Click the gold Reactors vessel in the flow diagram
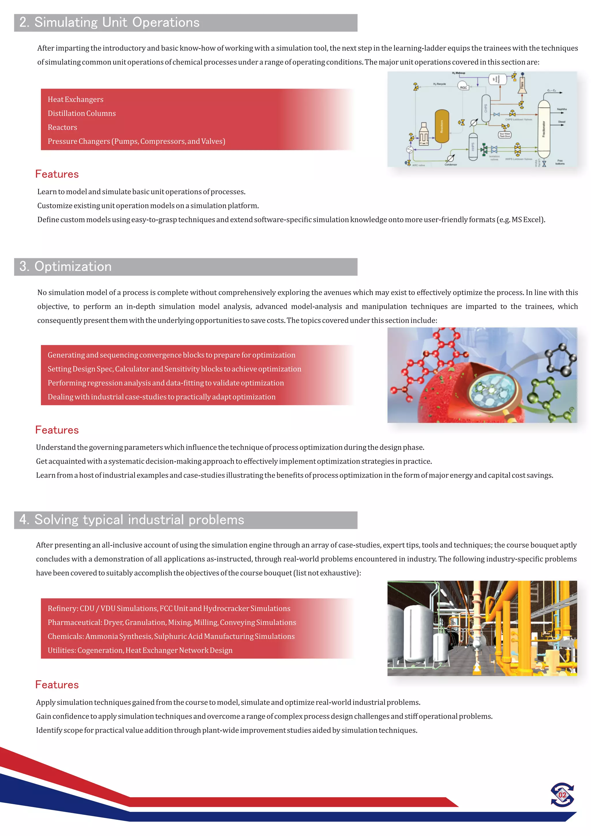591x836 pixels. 442,126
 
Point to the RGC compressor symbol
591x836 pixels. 463,87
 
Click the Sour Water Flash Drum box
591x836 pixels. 505,135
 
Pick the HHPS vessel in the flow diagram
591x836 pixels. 473,146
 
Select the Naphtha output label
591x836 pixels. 562,109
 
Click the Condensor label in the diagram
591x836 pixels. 450,165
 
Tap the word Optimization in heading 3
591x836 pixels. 73,266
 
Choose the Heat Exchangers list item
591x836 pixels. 75,99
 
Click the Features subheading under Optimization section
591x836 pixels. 57,430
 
